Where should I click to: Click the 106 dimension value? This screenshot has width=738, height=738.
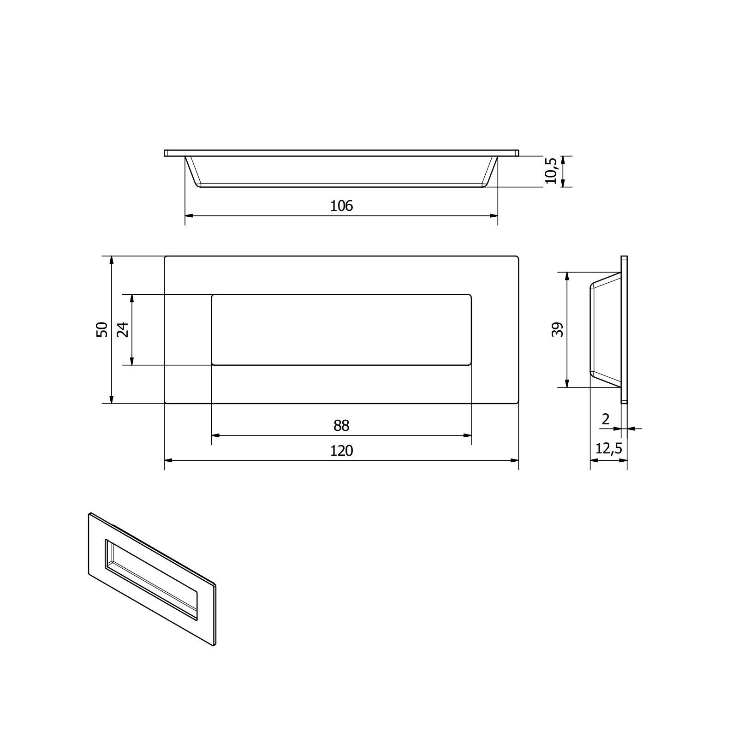[x=341, y=206]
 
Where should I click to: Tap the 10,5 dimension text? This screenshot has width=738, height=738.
[x=552, y=171]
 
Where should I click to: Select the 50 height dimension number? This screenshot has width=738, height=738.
[x=102, y=329]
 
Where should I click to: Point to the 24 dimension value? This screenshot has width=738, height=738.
[x=123, y=329]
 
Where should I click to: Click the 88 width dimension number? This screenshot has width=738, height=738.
[x=341, y=425]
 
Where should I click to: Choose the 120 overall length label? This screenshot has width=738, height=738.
[x=341, y=450]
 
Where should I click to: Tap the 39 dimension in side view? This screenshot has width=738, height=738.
[x=558, y=329]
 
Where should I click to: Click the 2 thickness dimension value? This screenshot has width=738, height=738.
[x=606, y=419]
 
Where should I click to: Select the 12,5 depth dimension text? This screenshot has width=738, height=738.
[x=609, y=448]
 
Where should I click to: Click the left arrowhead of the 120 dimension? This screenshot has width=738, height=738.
[x=169, y=460]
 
